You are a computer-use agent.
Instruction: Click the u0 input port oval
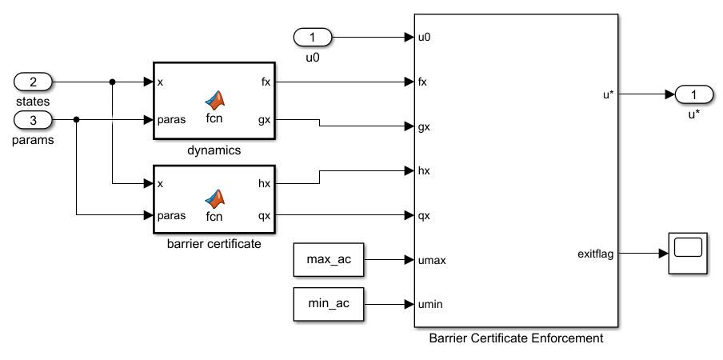[x=313, y=37]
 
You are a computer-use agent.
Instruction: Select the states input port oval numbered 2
[x=33, y=82]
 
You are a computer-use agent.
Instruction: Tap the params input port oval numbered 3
[x=33, y=120]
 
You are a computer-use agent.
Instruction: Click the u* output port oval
[x=694, y=94]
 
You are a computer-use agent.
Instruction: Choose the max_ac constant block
[x=328, y=259]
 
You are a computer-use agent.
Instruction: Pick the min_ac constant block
[x=328, y=303]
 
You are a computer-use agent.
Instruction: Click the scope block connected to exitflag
[x=687, y=254]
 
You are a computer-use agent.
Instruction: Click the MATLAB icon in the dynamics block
[x=214, y=100]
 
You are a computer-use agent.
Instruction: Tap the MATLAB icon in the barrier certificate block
[x=214, y=196]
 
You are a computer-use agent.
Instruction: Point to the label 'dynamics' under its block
[x=214, y=150]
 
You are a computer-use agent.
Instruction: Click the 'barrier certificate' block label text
[x=214, y=244]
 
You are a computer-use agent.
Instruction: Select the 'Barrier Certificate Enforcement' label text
[x=516, y=338]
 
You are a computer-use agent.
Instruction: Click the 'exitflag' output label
[x=595, y=254]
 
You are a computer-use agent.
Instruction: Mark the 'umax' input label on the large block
[x=431, y=259]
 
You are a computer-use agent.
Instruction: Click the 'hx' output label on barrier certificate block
[x=264, y=184]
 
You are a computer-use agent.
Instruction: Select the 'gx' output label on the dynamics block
[x=264, y=120]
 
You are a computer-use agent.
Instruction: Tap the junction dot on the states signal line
[x=112, y=82]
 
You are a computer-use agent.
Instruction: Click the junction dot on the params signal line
[x=76, y=120]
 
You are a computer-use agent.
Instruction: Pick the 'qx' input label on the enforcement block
[x=425, y=215]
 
